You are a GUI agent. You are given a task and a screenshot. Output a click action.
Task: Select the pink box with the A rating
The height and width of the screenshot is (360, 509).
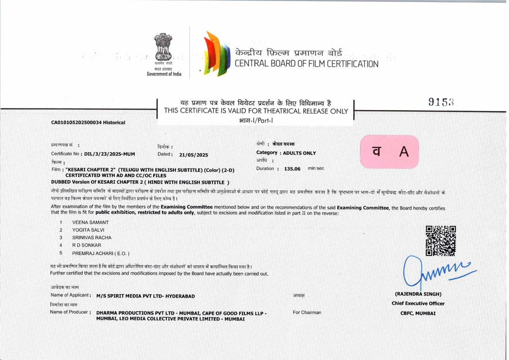pyautogui.click(x=389, y=151)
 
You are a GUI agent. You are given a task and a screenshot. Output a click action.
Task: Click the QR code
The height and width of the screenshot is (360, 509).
pyautogui.click(x=440, y=240)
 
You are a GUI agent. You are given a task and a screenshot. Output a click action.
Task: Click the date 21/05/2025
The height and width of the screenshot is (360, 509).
pyautogui.click(x=194, y=154)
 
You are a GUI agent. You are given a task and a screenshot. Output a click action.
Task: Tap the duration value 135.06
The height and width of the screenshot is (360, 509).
pyautogui.click(x=292, y=168)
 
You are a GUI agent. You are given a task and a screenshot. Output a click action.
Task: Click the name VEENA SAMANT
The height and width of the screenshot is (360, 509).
pyautogui.click(x=90, y=222)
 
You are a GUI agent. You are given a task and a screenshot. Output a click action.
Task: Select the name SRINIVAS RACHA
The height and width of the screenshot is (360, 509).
pyautogui.click(x=92, y=237)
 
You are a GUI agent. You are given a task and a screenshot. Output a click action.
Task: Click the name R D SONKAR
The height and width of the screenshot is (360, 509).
pyautogui.click(x=87, y=245)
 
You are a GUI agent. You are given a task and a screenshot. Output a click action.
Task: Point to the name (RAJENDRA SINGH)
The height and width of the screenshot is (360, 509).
pyautogui.click(x=418, y=294)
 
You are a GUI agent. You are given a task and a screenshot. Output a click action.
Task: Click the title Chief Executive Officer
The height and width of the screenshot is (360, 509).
pyautogui.click(x=418, y=303)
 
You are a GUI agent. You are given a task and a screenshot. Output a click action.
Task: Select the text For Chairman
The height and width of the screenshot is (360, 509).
pyautogui.click(x=307, y=312)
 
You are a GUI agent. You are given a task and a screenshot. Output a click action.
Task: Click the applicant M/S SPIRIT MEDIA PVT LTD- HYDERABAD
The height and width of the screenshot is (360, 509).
pyautogui.click(x=145, y=296)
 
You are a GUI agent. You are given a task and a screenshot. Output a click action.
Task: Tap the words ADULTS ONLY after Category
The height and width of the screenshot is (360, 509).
pyautogui.click(x=299, y=153)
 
